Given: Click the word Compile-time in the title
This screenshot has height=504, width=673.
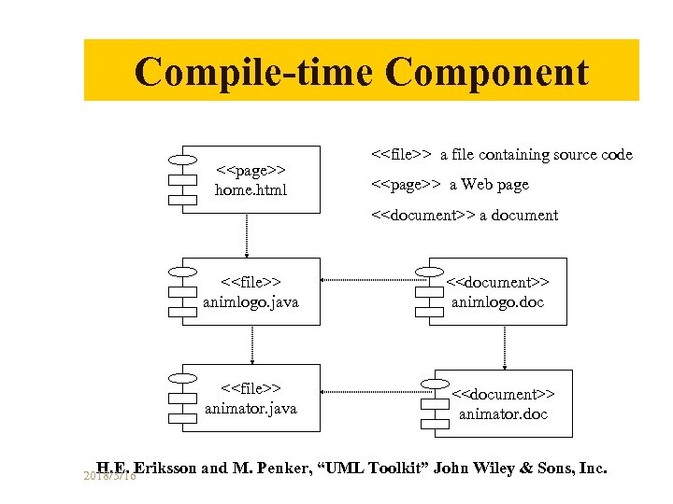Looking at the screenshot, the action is (253, 72).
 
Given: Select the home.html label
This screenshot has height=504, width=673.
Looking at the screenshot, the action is (251, 190).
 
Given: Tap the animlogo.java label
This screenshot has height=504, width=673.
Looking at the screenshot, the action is (251, 302).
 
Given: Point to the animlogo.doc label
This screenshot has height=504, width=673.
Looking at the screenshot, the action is (497, 302).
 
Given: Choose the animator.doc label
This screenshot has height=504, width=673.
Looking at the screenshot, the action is (503, 414).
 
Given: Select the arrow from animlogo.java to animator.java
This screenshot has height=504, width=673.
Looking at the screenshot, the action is (251, 344).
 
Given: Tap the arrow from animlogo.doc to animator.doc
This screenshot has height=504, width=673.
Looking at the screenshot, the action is (505, 347).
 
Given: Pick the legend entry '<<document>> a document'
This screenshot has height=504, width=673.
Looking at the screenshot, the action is (465, 216).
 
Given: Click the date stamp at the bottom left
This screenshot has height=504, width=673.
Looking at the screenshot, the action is (109, 476).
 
